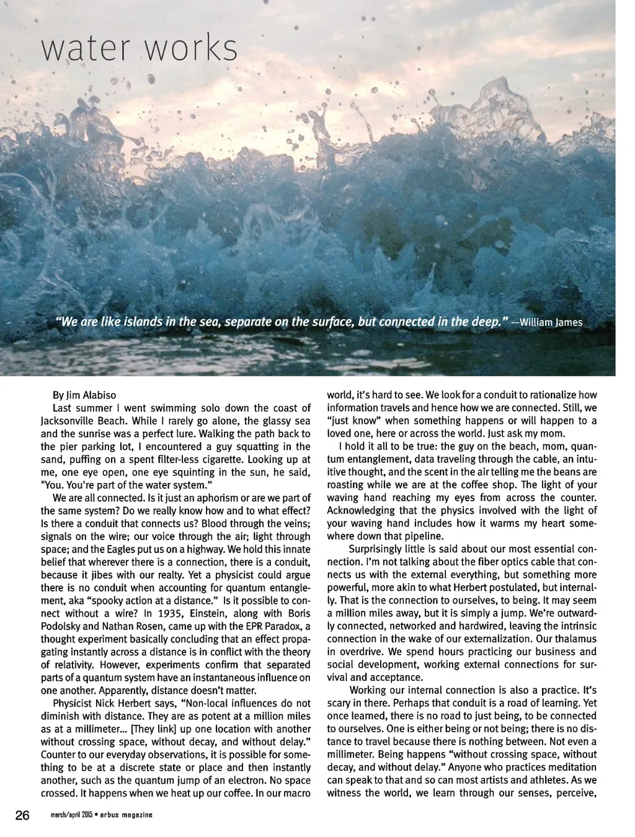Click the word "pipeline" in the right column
pos(422,536)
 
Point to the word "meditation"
pos(569,767)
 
